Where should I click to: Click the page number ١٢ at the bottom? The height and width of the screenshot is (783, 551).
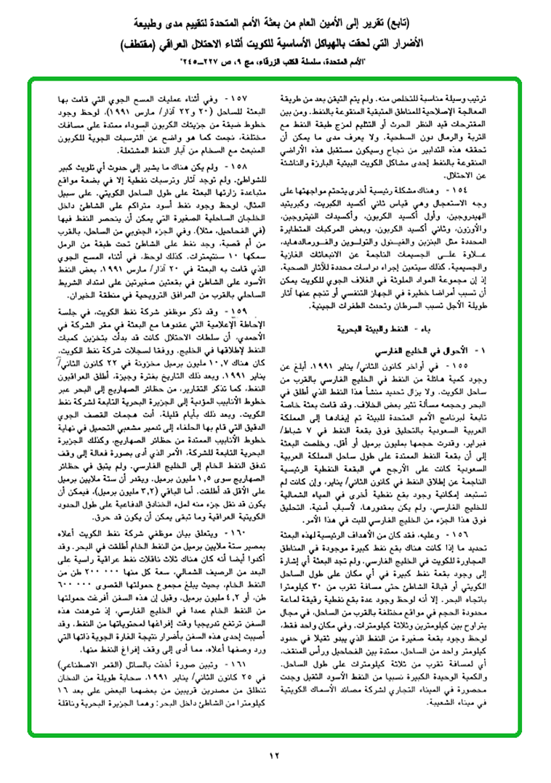click(x=275, y=755)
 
